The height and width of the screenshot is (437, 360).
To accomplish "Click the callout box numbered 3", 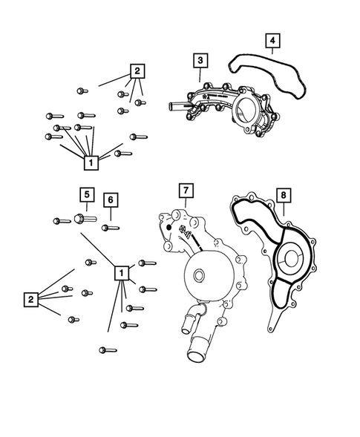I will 200,59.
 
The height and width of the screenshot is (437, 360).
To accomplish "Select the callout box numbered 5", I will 86,195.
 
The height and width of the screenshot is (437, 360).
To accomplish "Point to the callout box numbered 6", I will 109,200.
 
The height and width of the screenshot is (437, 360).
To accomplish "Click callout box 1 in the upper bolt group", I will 91,161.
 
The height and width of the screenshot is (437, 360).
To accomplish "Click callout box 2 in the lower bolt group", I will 30,300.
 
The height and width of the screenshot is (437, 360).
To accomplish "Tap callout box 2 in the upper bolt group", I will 137,72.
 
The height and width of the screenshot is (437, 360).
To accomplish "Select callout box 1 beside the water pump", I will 120,273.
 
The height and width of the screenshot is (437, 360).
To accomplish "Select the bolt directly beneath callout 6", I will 110,227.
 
